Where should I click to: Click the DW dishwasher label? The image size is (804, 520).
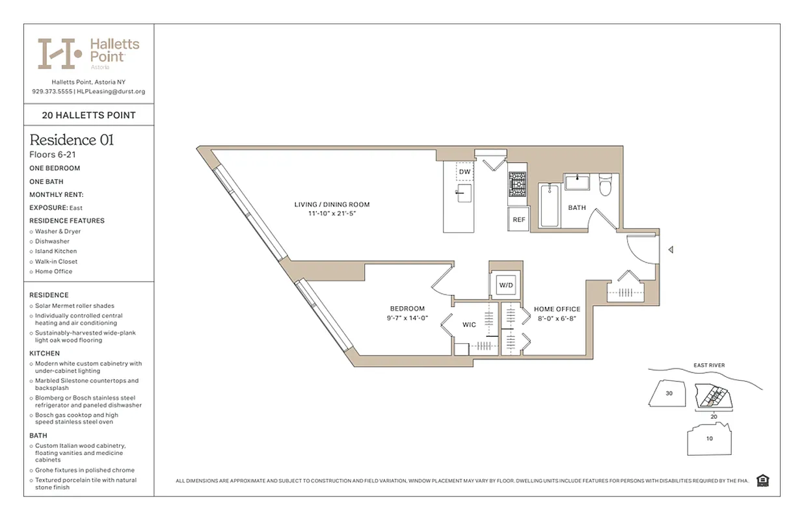[464, 172]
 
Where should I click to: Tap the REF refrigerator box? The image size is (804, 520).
[518, 220]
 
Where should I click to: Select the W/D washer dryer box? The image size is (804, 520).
[505, 285]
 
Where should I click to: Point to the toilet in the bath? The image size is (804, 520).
[604, 185]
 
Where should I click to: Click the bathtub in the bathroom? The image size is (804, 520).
[550, 205]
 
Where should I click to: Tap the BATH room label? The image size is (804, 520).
[576, 208]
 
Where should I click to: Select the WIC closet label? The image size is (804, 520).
[469, 324]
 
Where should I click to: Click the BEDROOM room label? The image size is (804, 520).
[407, 309]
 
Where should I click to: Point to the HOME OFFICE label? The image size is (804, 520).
[557, 309]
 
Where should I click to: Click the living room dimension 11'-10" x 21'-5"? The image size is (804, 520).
[332, 213]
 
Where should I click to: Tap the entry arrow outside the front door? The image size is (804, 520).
[671, 250]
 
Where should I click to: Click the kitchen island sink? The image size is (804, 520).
[464, 193]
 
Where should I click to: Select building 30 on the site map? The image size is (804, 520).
[669, 393]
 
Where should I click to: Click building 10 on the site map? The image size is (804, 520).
[709, 438]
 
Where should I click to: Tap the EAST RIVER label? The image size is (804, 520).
[709, 365]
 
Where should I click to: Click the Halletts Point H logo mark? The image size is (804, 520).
[59, 53]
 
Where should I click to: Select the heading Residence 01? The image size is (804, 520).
[72, 140]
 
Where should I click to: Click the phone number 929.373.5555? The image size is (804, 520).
[51, 92]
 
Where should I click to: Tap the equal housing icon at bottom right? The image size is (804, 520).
[763, 480]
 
